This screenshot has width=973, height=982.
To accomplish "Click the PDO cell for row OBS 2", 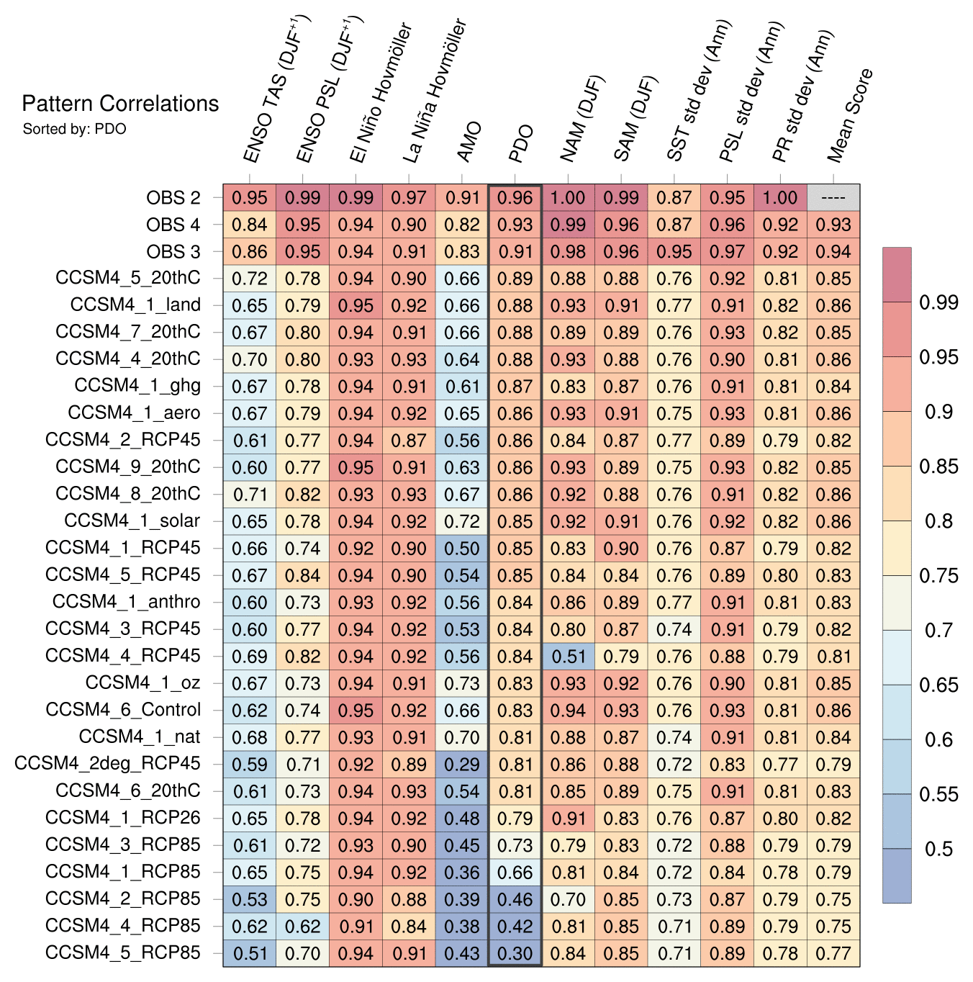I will point(515,198).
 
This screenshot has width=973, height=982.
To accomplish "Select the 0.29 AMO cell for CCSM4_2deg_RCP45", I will point(462,765).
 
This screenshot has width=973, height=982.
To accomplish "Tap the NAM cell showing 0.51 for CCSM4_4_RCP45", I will point(569,657).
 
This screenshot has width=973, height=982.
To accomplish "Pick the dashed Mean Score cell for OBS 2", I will point(833,198).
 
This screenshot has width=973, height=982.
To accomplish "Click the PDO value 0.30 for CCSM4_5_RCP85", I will point(515,953).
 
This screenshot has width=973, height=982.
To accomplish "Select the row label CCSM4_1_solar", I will point(132,521).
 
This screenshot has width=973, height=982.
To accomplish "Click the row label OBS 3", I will point(173,251).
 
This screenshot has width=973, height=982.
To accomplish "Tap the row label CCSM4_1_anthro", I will point(127,602).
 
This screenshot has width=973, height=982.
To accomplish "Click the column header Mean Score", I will point(851,115).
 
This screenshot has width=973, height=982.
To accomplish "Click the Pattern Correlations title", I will point(120,104).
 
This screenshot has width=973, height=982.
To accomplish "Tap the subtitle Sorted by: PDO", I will point(75,130).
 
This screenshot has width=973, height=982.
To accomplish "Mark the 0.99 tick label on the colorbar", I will point(939,302).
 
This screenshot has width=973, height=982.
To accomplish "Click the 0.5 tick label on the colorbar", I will point(939,850).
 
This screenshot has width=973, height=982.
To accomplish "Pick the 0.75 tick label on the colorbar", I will point(939,576).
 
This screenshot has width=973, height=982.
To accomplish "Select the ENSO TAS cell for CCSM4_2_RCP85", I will point(250,899).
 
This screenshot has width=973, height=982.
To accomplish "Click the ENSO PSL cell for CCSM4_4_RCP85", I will point(303,927).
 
